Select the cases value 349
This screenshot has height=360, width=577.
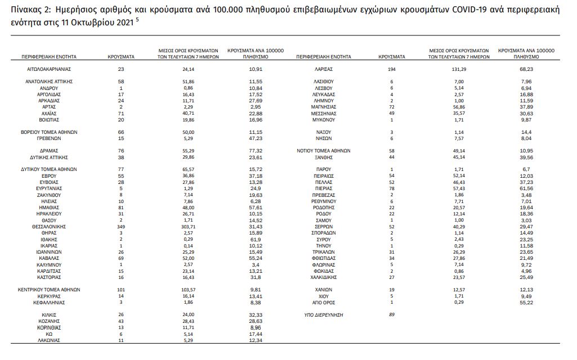pyautogui.click(x=121, y=226)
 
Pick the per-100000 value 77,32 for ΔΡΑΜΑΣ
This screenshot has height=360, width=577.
pyautogui.click(x=255, y=151)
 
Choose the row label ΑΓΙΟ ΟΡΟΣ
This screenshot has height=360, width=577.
pyautogui.click(x=324, y=302)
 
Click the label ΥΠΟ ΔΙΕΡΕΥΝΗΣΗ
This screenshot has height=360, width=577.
pyautogui.click(x=324, y=315)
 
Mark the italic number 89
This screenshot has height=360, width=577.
pyautogui.click(x=392, y=315)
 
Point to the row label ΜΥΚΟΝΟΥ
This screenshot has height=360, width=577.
pyautogui.click(x=324, y=119)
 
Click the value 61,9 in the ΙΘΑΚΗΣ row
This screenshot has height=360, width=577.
pyautogui.click(x=255, y=238)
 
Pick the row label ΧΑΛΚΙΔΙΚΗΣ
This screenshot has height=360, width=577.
pyautogui.click(x=324, y=277)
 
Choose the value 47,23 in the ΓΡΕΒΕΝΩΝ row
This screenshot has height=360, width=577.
pyautogui.click(x=255, y=138)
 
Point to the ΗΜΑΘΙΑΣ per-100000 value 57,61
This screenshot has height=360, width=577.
pyautogui.click(x=255, y=208)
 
